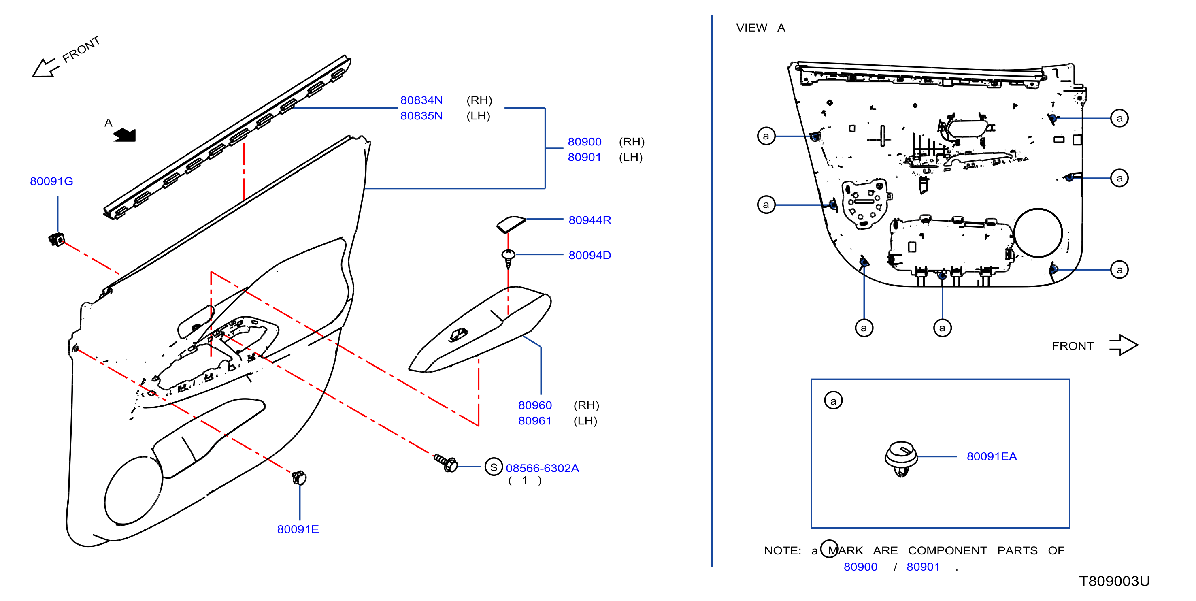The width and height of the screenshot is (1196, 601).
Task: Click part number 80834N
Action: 421,100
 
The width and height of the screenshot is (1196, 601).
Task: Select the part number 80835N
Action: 421,116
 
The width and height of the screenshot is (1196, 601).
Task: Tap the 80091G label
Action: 51,181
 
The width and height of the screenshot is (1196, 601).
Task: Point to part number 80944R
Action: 589,220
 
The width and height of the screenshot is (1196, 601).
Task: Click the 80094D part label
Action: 589,256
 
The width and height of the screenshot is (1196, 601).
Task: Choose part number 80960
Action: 535,405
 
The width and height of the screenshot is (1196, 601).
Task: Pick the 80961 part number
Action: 535,421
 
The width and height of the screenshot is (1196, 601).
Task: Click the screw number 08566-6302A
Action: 542,468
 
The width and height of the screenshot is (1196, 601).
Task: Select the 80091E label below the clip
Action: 298,529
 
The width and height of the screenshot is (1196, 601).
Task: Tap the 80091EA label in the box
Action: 992,456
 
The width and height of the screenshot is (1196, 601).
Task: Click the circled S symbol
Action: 494,467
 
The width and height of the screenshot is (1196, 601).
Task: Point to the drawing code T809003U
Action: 1114,582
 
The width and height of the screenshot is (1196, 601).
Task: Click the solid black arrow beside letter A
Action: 125,135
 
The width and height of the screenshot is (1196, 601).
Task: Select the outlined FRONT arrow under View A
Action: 1124,345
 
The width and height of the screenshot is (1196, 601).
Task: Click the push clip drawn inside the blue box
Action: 901,458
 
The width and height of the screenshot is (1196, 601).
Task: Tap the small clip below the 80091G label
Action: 57,240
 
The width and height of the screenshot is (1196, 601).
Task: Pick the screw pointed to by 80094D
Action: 509,259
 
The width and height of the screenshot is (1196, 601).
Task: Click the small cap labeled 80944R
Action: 511,224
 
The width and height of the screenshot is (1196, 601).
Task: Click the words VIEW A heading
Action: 760,28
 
